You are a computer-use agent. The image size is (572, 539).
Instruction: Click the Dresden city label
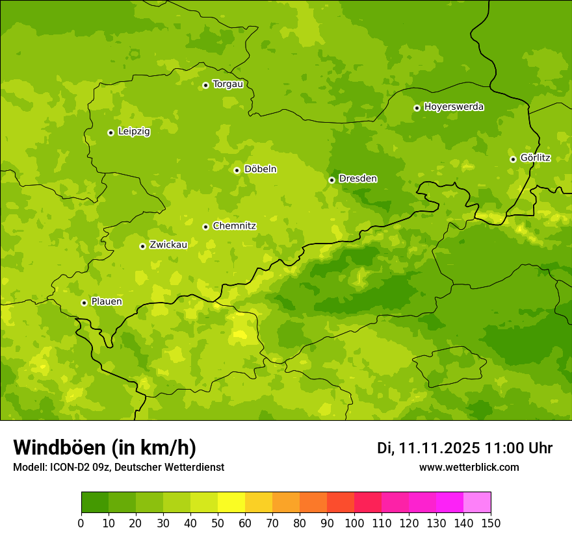coord(357,179)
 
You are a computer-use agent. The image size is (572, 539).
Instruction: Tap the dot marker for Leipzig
coord(110,132)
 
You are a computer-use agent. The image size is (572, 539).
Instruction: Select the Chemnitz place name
coord(234,226)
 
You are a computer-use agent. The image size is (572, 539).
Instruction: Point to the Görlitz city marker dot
coord(513,159)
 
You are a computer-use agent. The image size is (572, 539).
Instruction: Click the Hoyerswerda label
coord(454,107)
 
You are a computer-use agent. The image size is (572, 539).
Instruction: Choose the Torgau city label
coord(227,84)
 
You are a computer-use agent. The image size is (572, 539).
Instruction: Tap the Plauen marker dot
coord(84,303)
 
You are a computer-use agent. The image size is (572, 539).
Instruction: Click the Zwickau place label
coord(168,245)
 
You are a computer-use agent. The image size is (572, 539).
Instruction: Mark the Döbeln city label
coord(260,169)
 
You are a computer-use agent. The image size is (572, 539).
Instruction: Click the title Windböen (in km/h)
coord(105,447)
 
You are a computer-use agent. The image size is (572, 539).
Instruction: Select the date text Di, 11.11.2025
coord(428,448)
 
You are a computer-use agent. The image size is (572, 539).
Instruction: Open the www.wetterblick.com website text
coord(469,467)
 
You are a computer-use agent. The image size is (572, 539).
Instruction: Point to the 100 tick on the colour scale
coord(354,523)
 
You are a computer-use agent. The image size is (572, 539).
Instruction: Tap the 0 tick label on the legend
coord(81,523)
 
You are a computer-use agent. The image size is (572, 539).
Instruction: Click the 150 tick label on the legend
coord(491,523)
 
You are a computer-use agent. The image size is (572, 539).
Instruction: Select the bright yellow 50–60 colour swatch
coord(231,503)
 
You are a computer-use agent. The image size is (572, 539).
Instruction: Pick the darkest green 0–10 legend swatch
coord(95,503)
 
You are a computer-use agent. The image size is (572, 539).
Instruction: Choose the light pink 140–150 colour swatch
coord(477,503)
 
